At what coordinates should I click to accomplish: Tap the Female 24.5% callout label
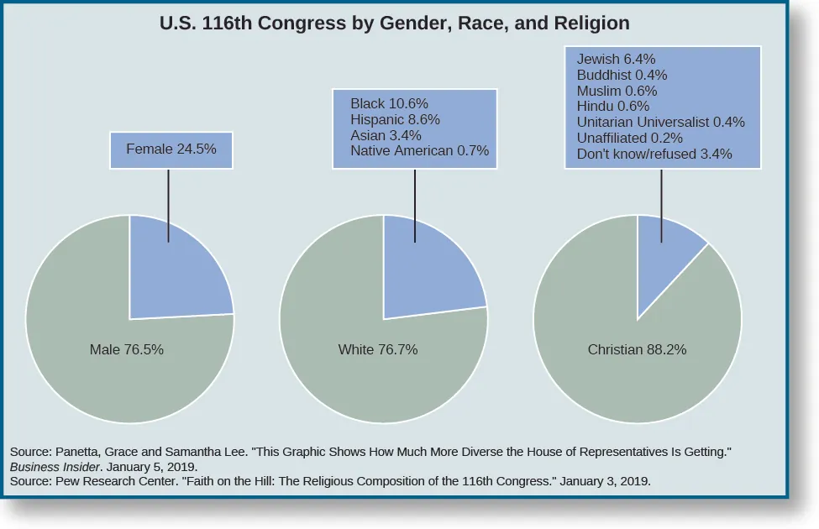pos(171,149)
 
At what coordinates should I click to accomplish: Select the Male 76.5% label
pos(126,350)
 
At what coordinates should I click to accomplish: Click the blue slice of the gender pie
pos(181,269)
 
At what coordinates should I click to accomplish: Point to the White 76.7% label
pos(378,350)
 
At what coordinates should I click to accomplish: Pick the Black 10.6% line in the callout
pos(388,104)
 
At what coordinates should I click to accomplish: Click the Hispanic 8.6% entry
pos(395,120)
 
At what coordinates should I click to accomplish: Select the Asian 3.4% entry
pos(386,136)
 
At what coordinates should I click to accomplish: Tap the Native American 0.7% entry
pos(419,152)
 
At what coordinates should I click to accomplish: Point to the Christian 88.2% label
pos(637,350)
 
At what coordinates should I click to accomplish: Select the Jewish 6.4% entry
pos(616,60)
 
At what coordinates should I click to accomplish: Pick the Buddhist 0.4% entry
pos(622,76)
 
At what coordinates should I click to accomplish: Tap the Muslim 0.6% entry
pos(617,91)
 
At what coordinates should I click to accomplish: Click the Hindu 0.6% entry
pos(613,107)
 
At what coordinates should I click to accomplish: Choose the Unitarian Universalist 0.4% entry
pos(661,123)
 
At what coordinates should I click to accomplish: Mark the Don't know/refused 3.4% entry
pos(654,155)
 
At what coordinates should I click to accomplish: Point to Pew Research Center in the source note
pos(103,481)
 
